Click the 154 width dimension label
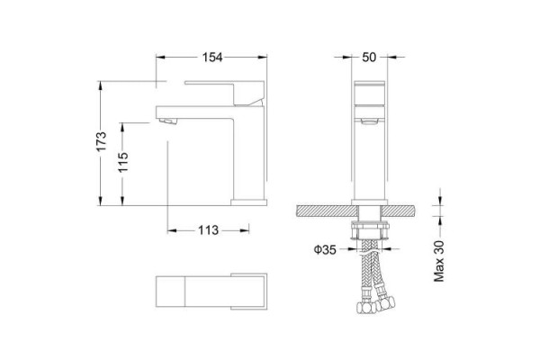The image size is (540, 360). click(x=212, y=58)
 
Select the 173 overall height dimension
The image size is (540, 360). click(x=101, y=141)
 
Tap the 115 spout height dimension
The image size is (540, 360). click(x=123, y=162)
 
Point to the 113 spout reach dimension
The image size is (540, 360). click(x=208, y=230)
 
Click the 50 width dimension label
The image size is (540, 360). click(x=369, y=58)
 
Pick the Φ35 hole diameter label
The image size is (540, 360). click(x=325, y=249)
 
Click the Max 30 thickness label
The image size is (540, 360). click(x=439, y=261)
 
